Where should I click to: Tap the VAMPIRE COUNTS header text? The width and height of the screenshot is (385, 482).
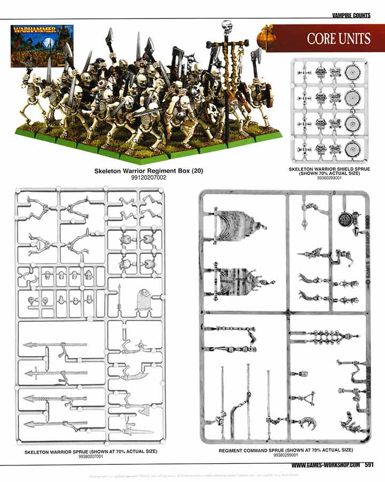351,16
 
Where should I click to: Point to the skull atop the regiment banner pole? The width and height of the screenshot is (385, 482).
227,26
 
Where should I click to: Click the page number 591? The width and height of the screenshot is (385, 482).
369,465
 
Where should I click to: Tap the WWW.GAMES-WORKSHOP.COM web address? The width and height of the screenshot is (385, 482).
326,465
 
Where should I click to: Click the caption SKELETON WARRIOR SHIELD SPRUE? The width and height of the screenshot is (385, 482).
329,169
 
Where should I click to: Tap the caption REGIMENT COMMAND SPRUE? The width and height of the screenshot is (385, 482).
286,450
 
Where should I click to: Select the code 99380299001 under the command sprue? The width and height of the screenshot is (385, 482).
286,456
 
